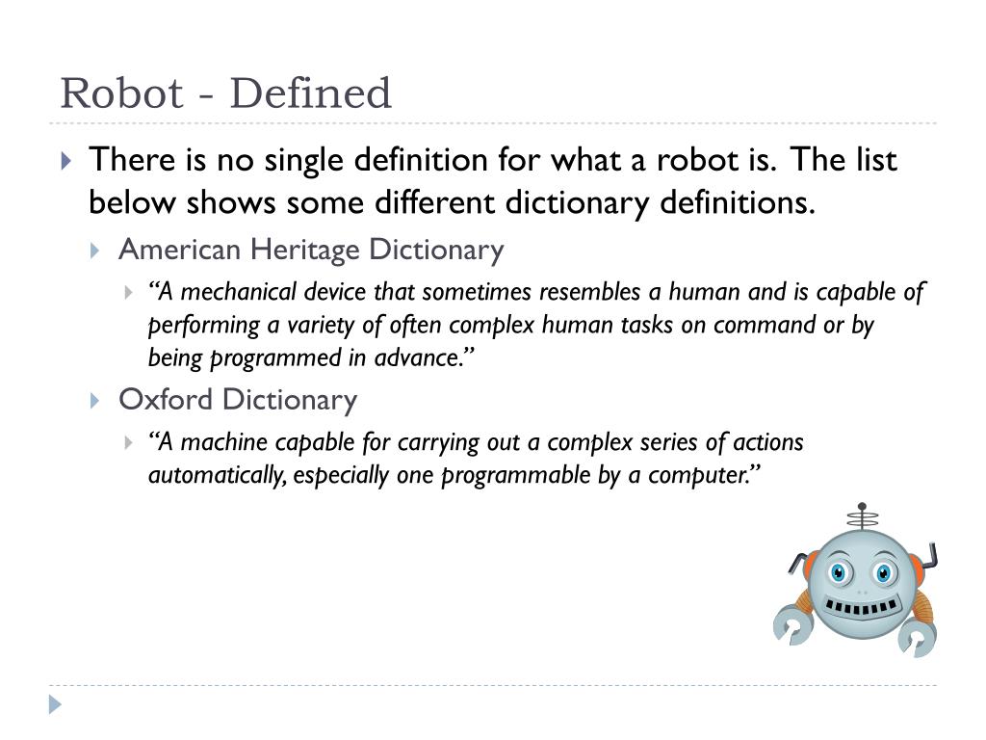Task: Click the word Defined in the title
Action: click(x=311, y=94)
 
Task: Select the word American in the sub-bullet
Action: click(x=179, y=251)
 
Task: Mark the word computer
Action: click(x=702, y=475)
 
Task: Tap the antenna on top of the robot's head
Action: click(x=862, y=516)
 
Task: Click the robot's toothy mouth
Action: click(x=862, y=609)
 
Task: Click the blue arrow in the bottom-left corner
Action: click(x=55, y=704)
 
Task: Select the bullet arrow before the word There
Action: click(x=65, y=160)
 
